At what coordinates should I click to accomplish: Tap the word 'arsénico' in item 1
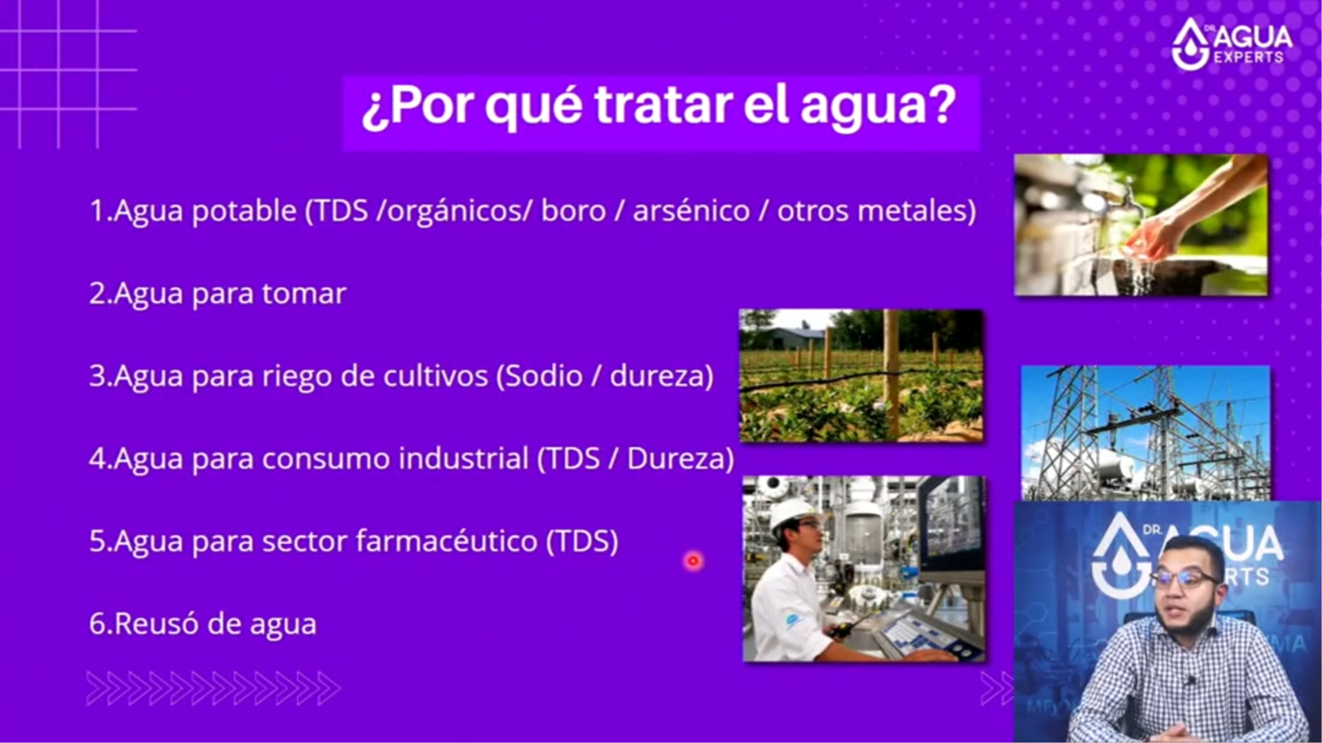pos(691,211)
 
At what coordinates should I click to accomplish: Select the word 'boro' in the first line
pos(573,211)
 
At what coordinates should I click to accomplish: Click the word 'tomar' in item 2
pos(304,294)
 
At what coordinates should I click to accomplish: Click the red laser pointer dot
pos(693,561)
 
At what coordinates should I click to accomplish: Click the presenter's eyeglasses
pos(1189,577)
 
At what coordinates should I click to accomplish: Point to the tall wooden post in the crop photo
pos(891,375)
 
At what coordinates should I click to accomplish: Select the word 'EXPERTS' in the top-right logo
pos(1248,57)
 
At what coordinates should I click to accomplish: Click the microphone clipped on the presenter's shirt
pos(1190,680)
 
